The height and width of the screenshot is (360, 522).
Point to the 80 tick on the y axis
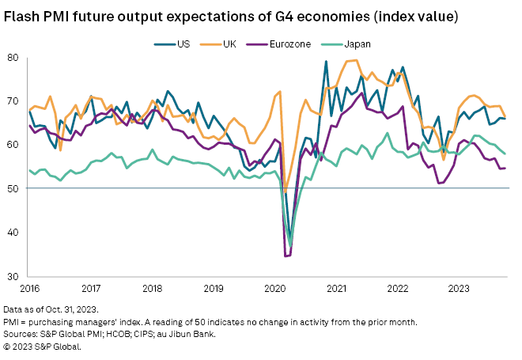pyautogui.click(x=13, y=58)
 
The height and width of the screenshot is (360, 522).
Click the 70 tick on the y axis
pyautogui.click(x=13, y=101)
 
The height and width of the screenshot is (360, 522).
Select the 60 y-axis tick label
pyautogui.click(x=13, y=145)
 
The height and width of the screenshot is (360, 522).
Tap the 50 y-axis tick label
pyautogui.click(x=13, y=188)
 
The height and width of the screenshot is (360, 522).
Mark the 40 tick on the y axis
pyautogui.click(x=13, y=233)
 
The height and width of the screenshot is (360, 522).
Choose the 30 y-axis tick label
pyautogui.click(x=13, y=276)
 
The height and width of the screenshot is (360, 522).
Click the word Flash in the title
pyautogui.click(x=24, y=15)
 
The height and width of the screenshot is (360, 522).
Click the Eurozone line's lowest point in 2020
pyautogui.click(x=286, y=256)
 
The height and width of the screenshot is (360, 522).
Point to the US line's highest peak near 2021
pyautogui.click(x=326, y=62)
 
